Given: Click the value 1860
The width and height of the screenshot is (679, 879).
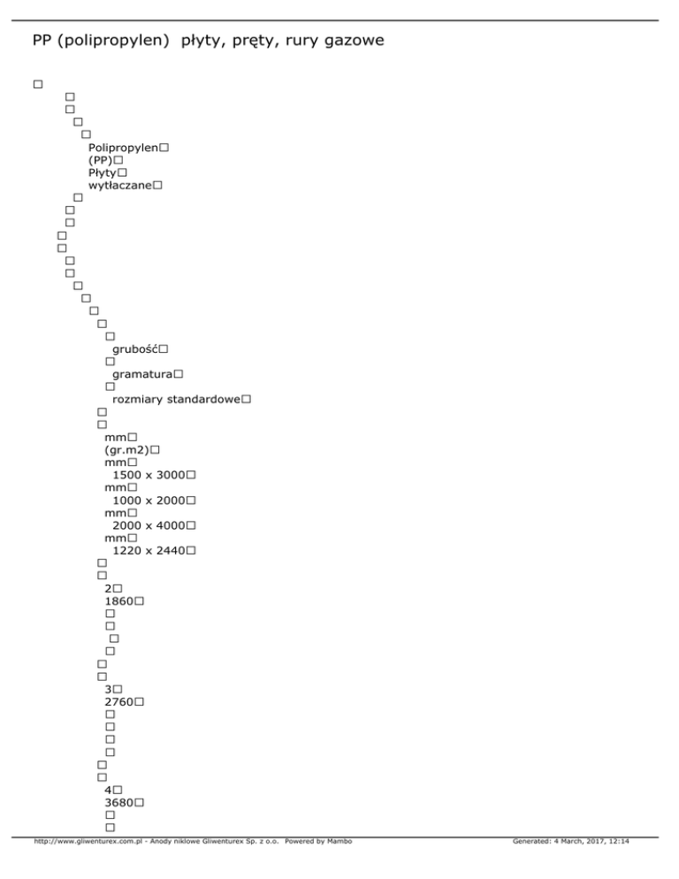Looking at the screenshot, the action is coord(118,601).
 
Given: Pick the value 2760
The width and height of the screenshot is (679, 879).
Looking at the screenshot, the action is coord(118,701).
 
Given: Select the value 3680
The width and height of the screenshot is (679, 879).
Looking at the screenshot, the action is coord(118,802).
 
